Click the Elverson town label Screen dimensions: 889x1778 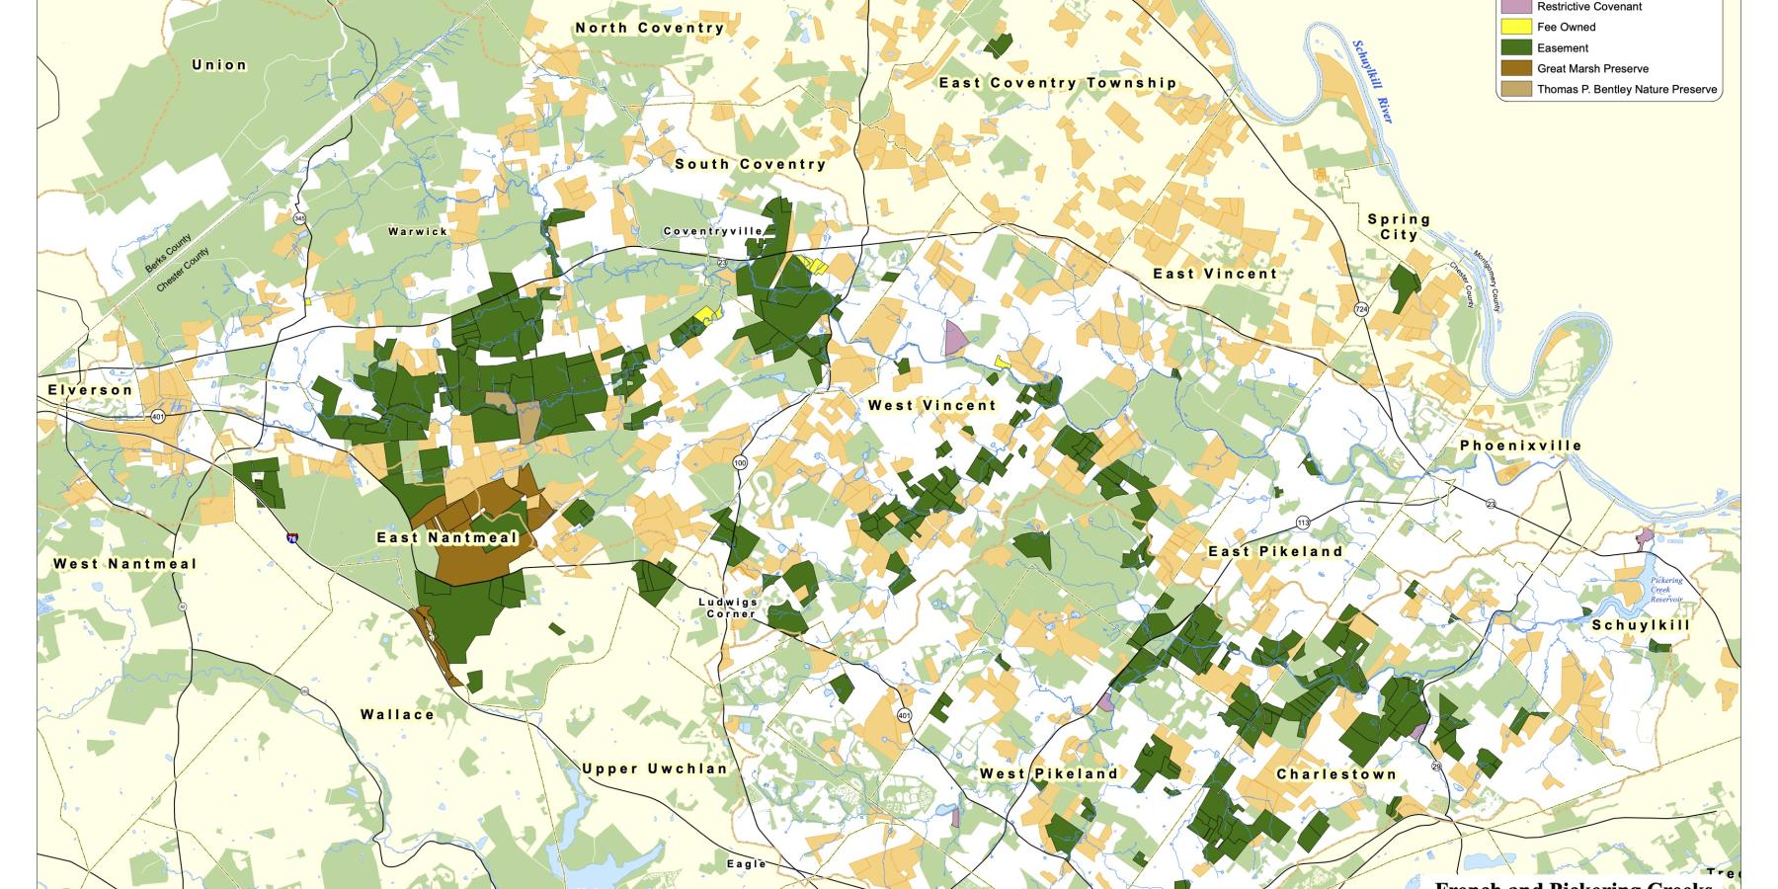tap(90, 390)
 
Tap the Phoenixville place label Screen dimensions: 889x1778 tap(1520, 445)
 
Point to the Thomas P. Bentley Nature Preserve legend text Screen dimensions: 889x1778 tap(1627, 90)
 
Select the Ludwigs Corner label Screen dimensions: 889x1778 tap(728, 607)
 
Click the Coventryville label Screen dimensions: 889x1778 tap(713, 231)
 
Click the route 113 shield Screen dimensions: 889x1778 tap(1303, 521)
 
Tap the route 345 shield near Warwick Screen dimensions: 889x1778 tap(298, 217)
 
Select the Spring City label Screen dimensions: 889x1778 tap(1399, 227)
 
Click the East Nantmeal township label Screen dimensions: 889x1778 tap(447, 538)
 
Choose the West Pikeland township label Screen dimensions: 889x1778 tap(1049, 773)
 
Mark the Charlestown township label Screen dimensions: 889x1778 tap(1336, 774)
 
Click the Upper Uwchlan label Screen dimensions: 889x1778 tap(654, 768)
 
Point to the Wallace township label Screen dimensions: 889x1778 tap(397, 714)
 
